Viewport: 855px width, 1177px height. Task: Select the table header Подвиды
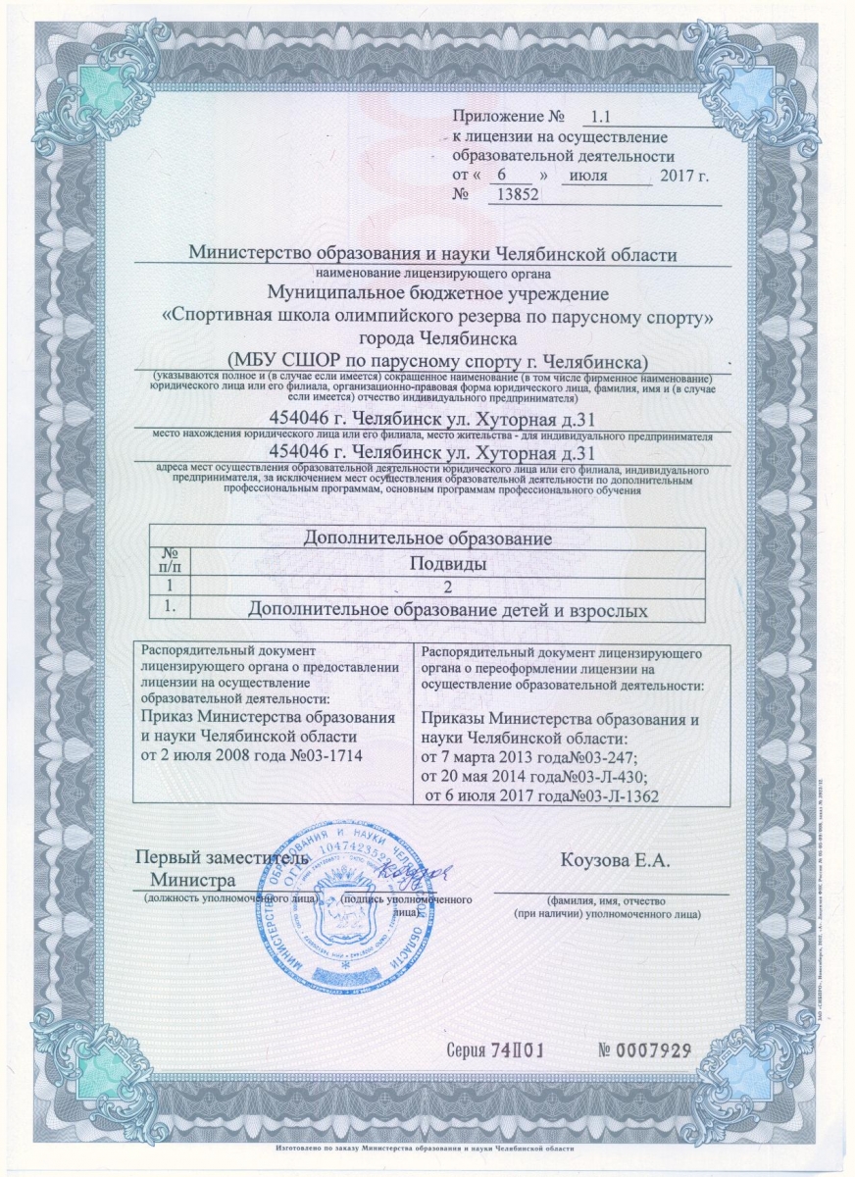click(449, 564)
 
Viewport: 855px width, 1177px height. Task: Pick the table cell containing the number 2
click(449, 587)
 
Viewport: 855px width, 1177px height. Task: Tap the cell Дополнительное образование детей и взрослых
click(449, 610)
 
